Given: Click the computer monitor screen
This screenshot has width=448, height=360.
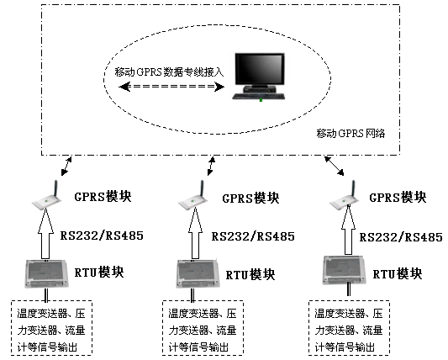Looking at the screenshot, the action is [x=260, y=69].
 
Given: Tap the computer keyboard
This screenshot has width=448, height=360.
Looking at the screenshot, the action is [x=259, y=97].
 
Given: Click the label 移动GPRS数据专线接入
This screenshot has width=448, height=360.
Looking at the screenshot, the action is [x=169, y=71].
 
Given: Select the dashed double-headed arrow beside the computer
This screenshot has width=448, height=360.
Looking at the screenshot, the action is [x=171, y=87].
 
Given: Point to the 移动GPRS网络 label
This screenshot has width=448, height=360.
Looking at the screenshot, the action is [x=350, y=133].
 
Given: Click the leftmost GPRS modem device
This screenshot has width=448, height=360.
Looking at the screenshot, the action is [x=46, y=196].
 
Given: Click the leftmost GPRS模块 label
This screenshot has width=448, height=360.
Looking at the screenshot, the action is [x=103, y=197].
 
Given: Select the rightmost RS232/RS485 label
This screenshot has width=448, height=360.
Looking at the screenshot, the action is [x=401, y=237].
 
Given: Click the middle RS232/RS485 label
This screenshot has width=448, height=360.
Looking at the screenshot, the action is [x=253, y=236].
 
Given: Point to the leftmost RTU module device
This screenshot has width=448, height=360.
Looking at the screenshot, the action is [x=46, y=273].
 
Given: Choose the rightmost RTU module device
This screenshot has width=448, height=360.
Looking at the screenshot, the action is [x=345, y=270].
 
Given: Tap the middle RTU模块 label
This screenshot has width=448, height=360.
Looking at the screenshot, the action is [x=250, y=275].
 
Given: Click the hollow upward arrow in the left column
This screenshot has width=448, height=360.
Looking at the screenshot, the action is [x=45, y=233].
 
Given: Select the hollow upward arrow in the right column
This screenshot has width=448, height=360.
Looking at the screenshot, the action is [x=348, y=230].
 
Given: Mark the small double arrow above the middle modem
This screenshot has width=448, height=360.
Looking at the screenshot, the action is [x=211, y=166].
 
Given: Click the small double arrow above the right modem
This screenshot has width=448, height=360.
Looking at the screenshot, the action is [x=335, y=166].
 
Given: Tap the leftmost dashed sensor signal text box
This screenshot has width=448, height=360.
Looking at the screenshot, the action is [x=51, y=328].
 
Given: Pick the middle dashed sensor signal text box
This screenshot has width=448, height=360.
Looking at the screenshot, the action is [x=203, y=328].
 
